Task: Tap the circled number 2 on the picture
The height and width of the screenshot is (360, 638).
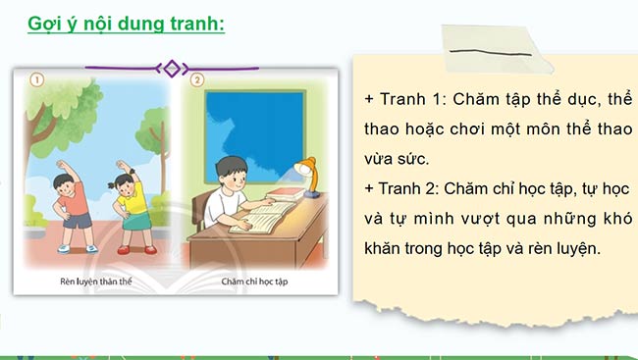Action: point(196,80)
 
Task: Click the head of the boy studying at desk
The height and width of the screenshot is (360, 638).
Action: point(235,169)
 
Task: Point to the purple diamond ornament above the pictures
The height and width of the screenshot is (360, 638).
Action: point(172,68)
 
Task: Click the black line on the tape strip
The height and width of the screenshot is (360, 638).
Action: point(487,50)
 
